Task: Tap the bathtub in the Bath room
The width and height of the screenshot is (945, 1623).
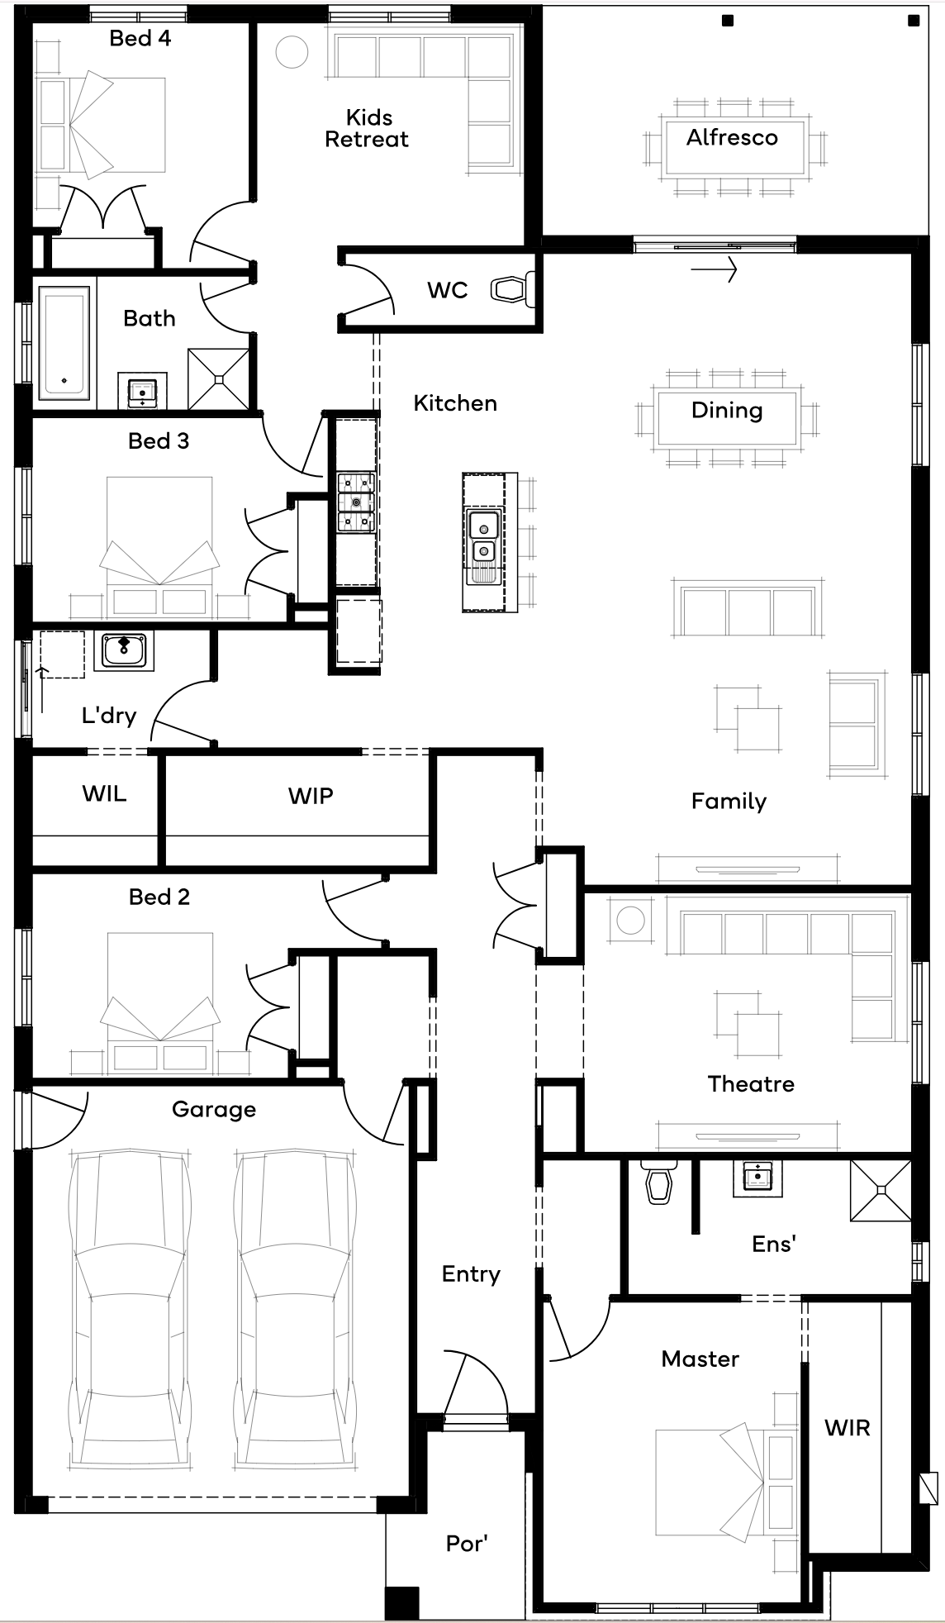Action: [x=64, y=343]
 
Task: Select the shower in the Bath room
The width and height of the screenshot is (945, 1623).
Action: [x=218, y=378]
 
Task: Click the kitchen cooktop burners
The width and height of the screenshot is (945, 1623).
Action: [x=356, y=502]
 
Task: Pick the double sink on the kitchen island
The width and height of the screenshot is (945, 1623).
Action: [x=482, y=538]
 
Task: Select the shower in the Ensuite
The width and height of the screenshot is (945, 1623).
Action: [x=881, y=1190]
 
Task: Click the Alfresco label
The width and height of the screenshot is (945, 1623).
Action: [x=732, y=137]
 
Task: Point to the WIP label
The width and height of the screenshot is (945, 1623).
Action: [x=311, y=796]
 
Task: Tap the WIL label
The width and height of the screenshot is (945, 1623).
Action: [x=104, y=794]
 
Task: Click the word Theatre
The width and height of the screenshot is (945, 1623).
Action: [x=751, y=1083]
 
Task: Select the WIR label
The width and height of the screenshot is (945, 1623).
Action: [x=848, y=1427]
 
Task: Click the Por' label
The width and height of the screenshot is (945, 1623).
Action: [x=467, y=1543]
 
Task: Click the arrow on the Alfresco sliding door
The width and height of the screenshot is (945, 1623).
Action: [x=714, y=269]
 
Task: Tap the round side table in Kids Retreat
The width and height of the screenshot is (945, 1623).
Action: [x=292, y=52]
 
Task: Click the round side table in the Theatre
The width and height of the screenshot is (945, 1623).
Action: [x=630, y=920]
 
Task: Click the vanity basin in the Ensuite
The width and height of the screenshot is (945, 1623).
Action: [x=757, y=1175]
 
